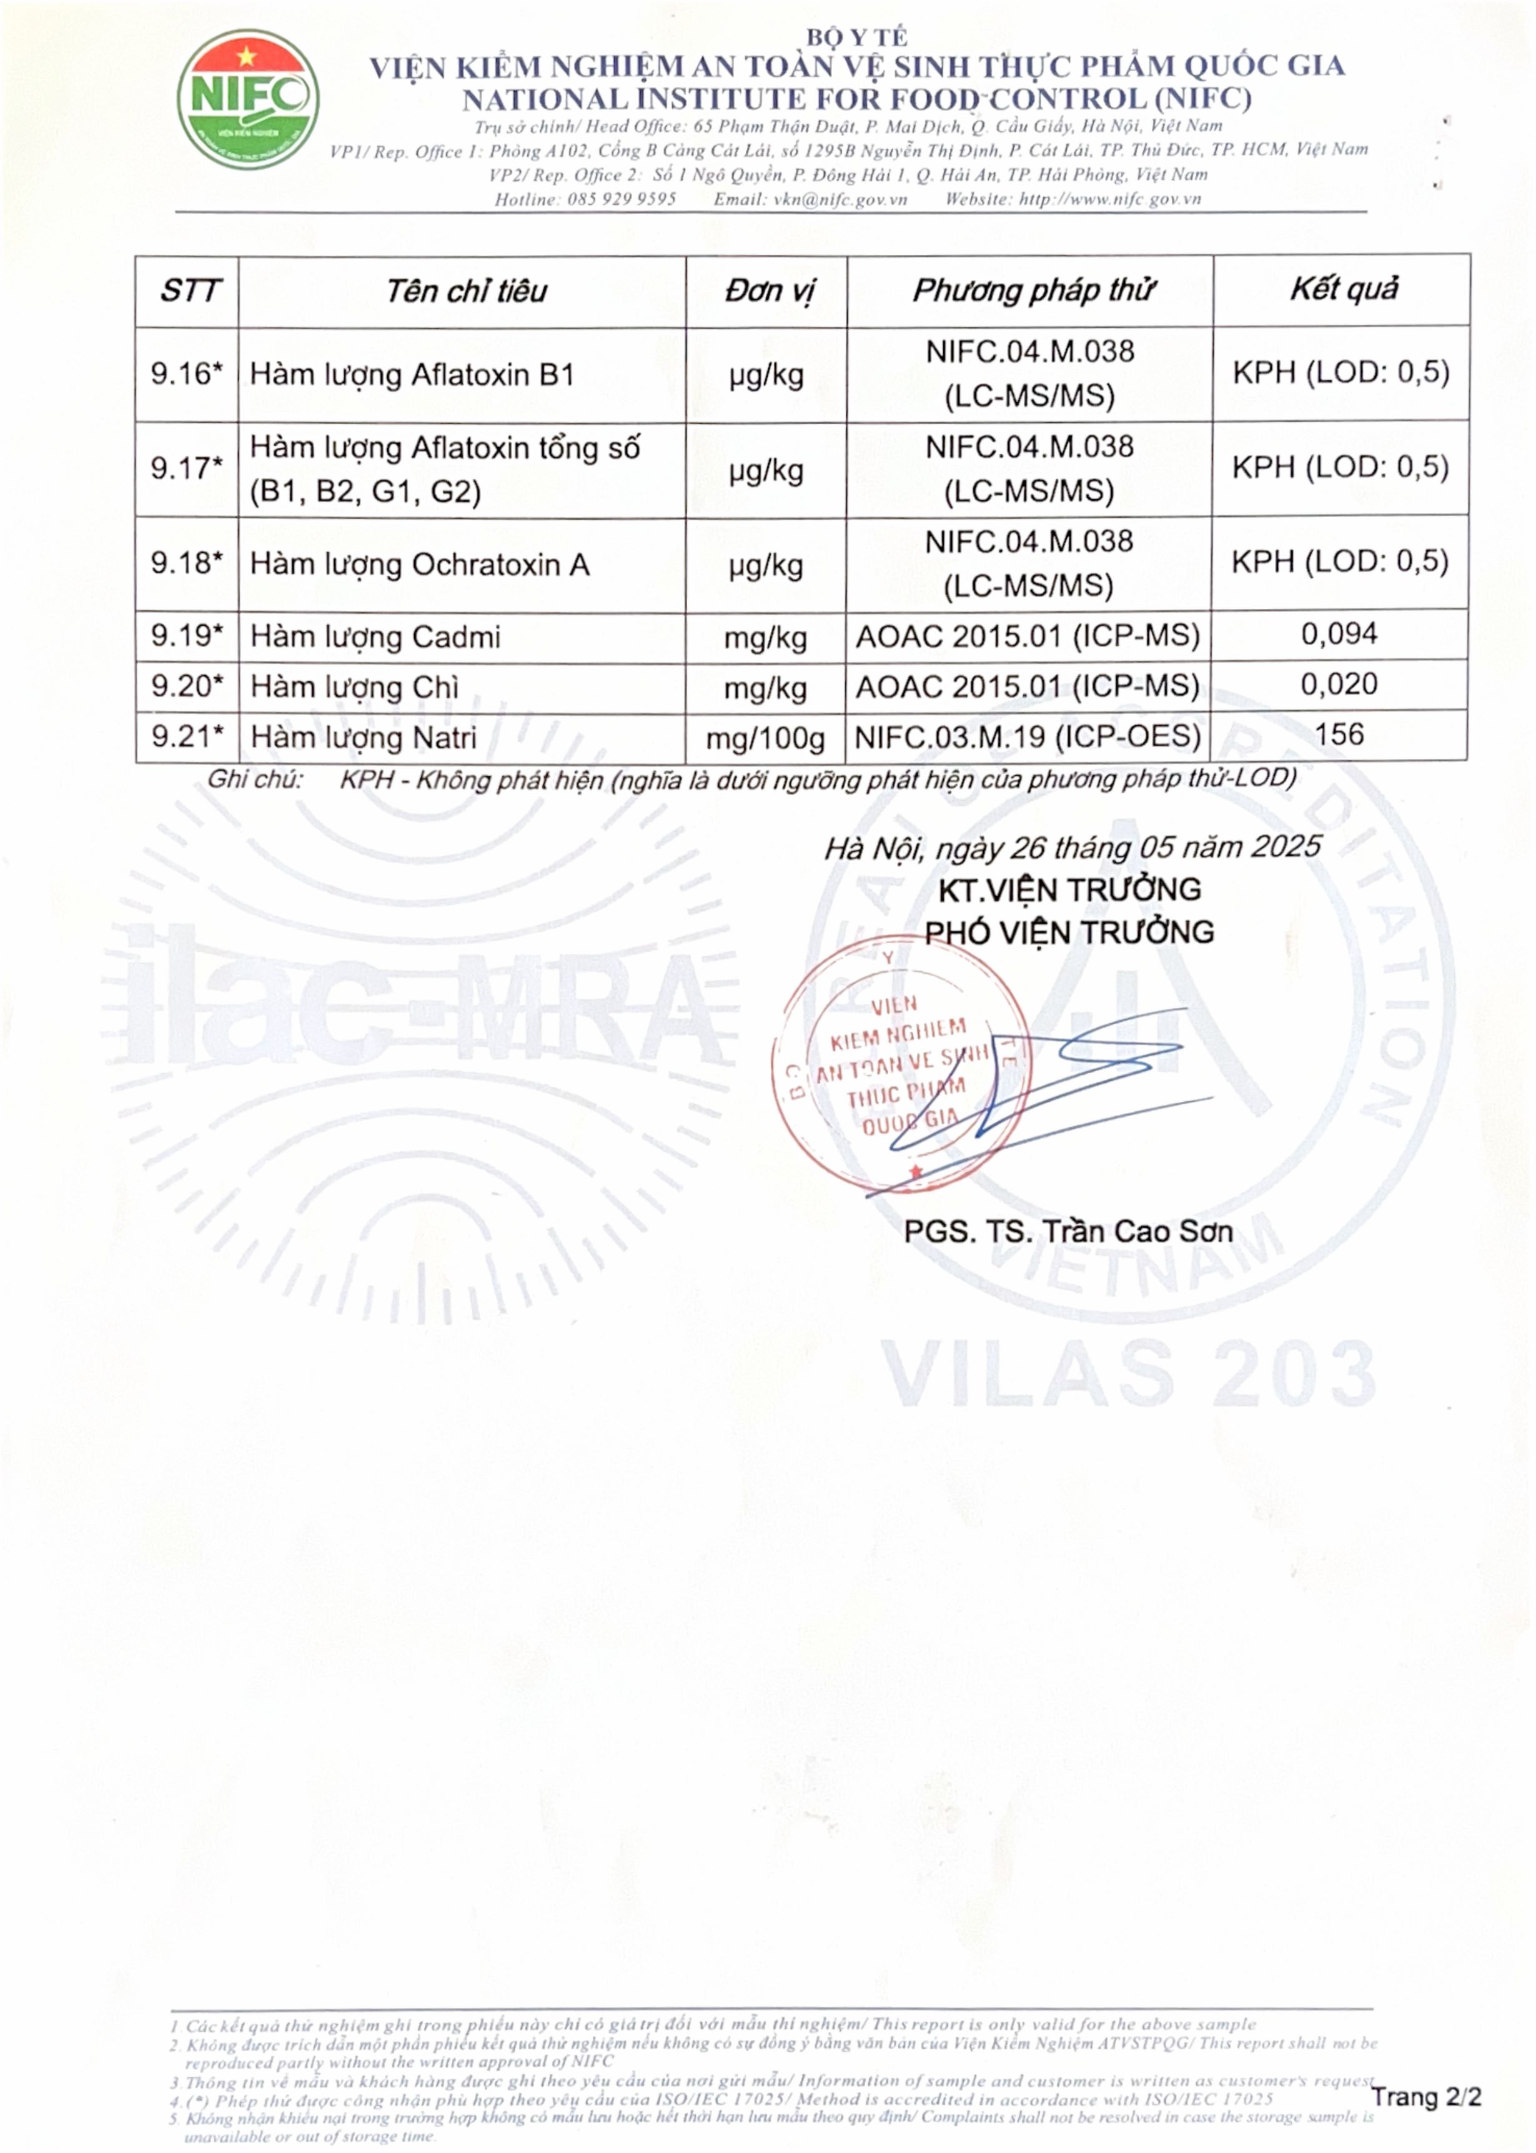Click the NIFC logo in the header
(248, 99)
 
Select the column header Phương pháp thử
(1033, 290)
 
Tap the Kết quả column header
(1343, 289)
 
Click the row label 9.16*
(186, 374)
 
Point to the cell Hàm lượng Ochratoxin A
(420, 565)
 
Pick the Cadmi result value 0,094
(1339, 633)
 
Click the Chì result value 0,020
(1339, 684)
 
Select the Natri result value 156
(1339, 735)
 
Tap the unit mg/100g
(765, 738)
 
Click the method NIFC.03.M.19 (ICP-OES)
(1027, 736)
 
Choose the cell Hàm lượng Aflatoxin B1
(412, 374)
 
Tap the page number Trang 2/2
(1425, 2097)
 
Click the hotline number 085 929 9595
(622, 199)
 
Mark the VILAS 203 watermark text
(1128, 1373)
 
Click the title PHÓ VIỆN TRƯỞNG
(1069, 933)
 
